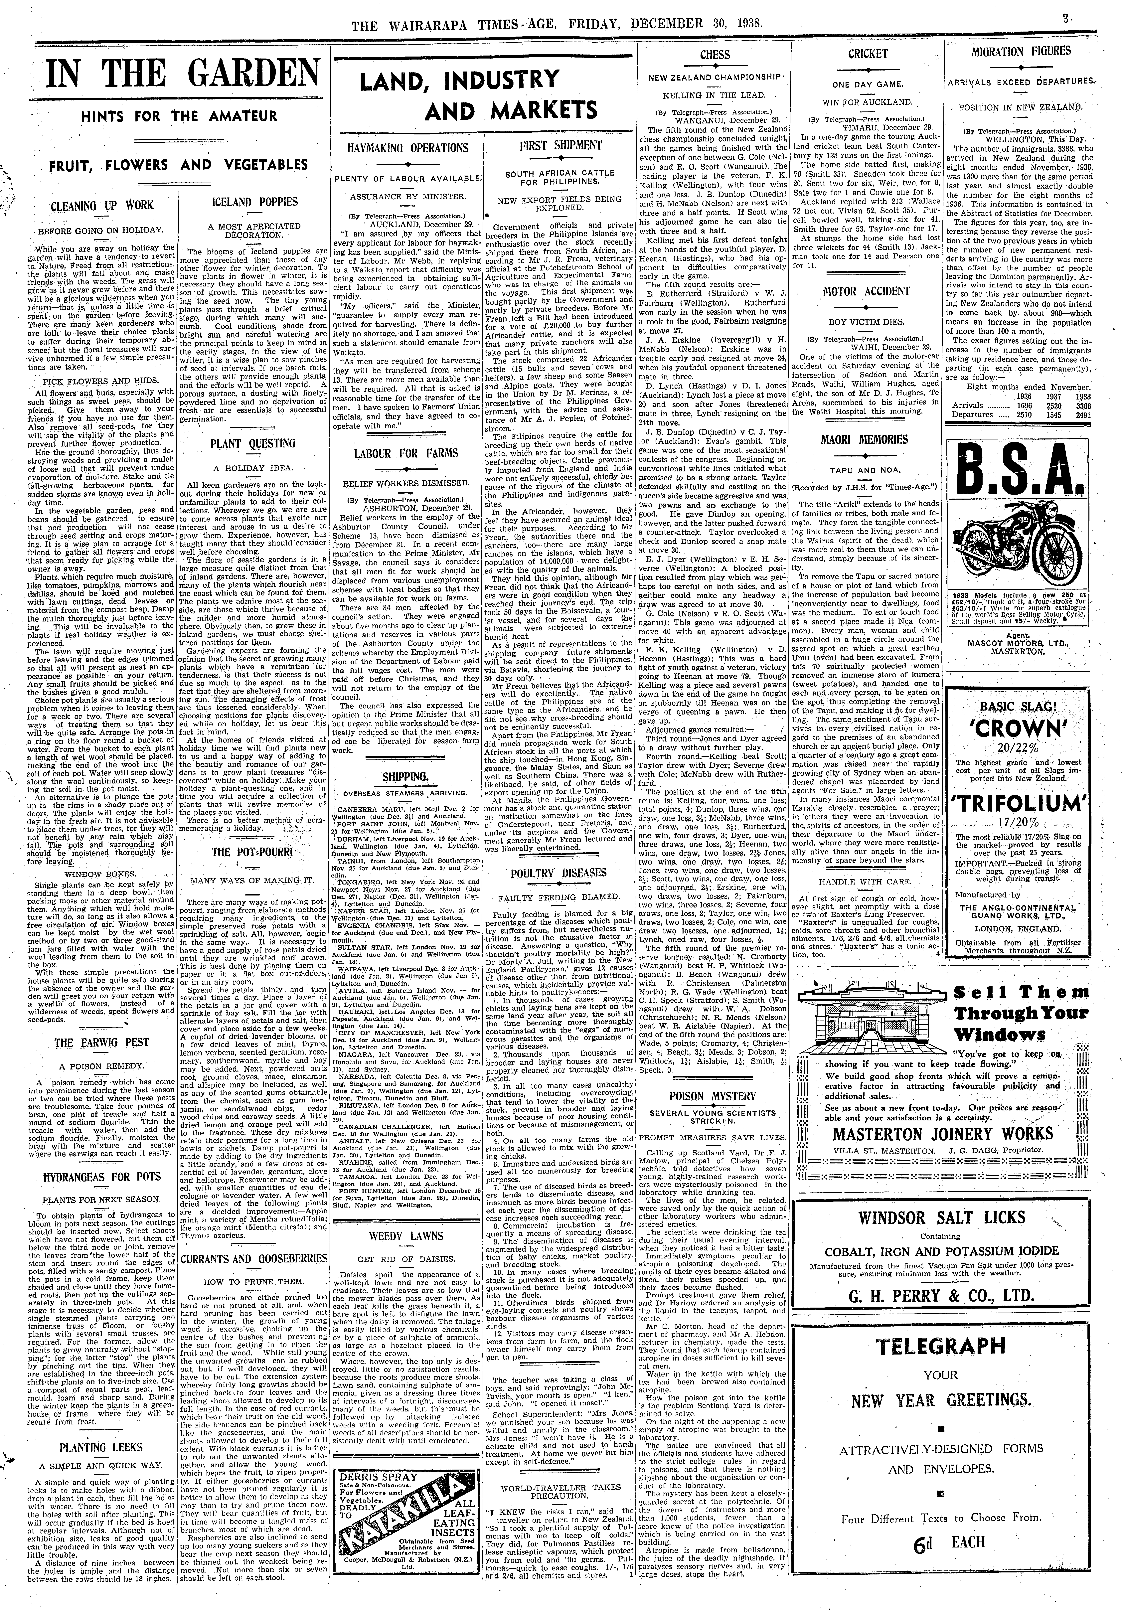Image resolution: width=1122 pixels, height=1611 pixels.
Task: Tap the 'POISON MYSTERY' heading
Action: pyautogui.click(x=713, y=1096)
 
